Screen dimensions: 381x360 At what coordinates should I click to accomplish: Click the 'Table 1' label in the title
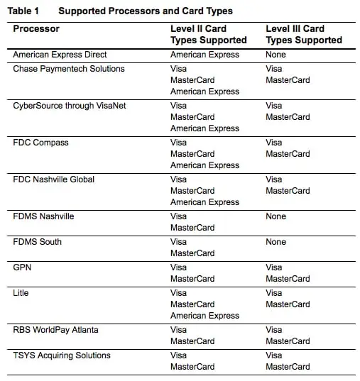pyautogui.click(x=26, y=11)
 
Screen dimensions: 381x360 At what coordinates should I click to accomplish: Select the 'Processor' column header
pyautogui.click(x=36, y=29)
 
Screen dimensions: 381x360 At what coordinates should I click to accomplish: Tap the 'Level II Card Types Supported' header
pyautogui.click(x=208, y=35)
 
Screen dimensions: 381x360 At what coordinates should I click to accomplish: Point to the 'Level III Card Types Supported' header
pyautogui.click(x=303, y=35)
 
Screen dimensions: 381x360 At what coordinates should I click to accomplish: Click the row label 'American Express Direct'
pyautogui.click(x=61, y=55)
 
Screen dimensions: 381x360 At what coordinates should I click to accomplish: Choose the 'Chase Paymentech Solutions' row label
pyautogui.click(x=69, y=69)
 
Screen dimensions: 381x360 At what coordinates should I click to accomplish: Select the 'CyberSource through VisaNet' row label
pyautogui.click(x=70, y=106)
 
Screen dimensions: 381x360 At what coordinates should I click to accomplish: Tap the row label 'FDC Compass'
pyautogui.click(x=41, y=143)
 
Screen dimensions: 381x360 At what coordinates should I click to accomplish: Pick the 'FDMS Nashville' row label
pyautogui.click(x=43, y=216)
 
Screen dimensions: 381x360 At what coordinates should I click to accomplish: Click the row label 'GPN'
pyautogui.click(x=23, y=267)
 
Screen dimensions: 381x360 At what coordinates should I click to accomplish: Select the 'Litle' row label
pyautogui.click(x=21, y=293)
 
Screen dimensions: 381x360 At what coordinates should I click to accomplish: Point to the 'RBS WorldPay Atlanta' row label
pyautogui.click(x=55, y=330)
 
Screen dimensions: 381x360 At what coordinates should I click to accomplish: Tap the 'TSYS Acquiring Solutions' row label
pyautogui.click(x=62, y=355)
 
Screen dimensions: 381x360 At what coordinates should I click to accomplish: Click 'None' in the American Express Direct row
pyautogui.click(x=276, y=55)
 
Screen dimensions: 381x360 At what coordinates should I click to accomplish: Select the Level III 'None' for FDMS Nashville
pyautogui.click(x=276, y=216)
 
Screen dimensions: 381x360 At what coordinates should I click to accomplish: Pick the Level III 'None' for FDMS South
pyautogui.click(x=276, y=242)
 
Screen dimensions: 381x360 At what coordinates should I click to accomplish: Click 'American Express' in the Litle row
pyautogui.click(x=204, y=316)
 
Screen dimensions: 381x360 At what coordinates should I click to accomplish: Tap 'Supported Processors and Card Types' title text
pyautogui.click(x=145, y=11)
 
